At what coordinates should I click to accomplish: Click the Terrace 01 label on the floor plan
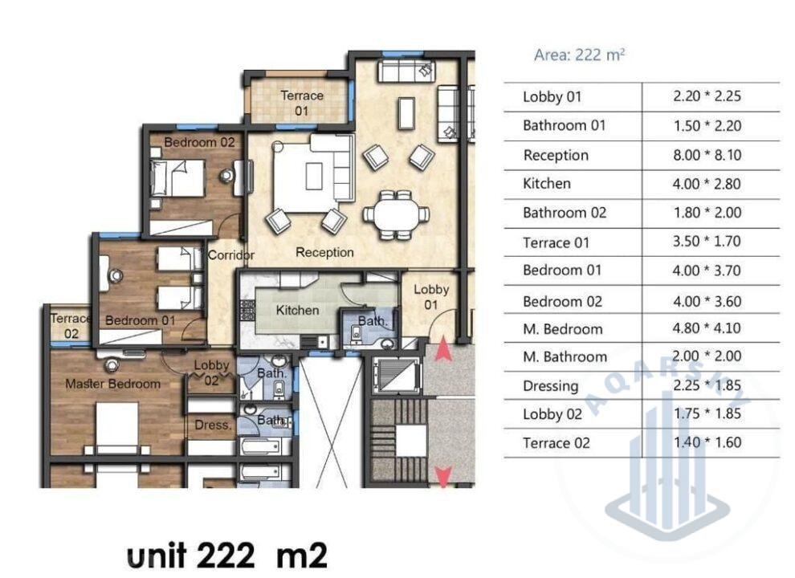click(x=302, y=103)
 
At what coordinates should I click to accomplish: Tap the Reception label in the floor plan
click(x=324, y=253)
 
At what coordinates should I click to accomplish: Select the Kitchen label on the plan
click(x=297, y=310)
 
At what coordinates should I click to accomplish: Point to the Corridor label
click(x=231, y=255)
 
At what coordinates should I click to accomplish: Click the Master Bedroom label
click(x=112, y=384)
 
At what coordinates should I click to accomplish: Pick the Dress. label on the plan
click(x=213, y=425)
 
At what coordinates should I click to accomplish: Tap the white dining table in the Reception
click(x=396, y=214)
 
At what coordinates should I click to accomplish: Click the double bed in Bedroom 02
click(x=178, y=178)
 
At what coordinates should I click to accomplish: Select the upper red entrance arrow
click(x=443, y=349)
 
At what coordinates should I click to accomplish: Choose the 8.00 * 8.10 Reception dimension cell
click(x=707, y=155)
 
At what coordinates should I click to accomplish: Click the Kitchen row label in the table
click(x=547, y=184)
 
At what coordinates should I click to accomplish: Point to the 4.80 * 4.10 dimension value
click(x=707, y=328)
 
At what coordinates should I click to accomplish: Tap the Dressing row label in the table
click(x=551, y=386)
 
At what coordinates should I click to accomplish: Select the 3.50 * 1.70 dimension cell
click(x=707, y=242)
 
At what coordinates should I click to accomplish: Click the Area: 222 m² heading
click(x=579, y=55)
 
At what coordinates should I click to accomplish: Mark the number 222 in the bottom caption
click(x=225, y=556)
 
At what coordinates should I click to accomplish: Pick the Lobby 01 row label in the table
click(x=552, y=97)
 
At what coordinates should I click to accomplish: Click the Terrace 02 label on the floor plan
click(x=71, y=326)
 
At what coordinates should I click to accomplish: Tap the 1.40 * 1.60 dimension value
click(x=707, y=442)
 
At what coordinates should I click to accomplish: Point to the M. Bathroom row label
click(x=565, y=357)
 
